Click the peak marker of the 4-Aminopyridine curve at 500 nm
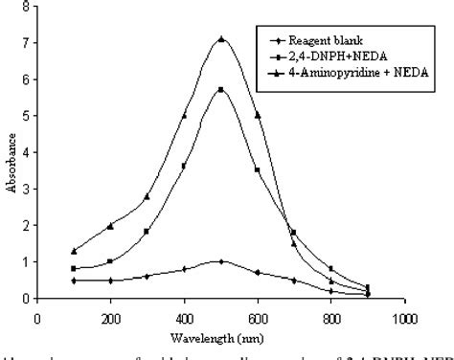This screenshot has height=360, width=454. click(x=221, y=39)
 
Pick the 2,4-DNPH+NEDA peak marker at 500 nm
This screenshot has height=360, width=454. click(x=221, y=89)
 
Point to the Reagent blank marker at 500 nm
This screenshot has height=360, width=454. click(x=221, y=261)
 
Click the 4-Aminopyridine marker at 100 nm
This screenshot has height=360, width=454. click(x=74, y=251)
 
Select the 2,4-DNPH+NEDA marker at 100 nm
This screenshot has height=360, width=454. click(x=74, y=268)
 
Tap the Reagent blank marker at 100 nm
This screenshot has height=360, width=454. click(x=74, y=280)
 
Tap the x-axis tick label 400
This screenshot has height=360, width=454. click(x=184, y=314)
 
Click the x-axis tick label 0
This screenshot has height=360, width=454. click(x=37, y=314)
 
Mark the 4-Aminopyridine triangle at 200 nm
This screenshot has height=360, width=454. click(x=110, y=226)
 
